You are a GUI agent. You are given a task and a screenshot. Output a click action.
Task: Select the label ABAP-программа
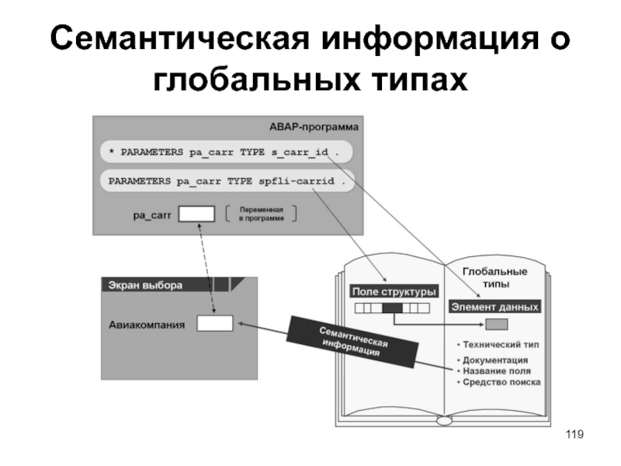click(x=308, y=126)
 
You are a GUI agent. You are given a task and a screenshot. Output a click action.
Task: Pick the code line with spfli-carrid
click(x=225, y=181)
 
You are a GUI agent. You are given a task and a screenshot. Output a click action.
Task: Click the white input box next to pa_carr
click(x=196, y=214)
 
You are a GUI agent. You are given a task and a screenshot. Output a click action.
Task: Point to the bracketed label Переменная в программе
click(x=261, y=214)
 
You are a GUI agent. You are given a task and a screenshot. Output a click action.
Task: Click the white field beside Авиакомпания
click(x=214, y=323)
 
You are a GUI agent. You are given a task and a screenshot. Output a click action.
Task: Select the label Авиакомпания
click(x=147, y=324)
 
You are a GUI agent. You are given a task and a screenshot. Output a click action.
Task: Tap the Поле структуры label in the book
click(x=394, y=291)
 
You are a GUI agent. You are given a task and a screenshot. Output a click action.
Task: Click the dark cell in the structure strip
click(x=392, y=308)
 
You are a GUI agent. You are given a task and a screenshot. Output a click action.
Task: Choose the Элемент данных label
click(x=494, y=307)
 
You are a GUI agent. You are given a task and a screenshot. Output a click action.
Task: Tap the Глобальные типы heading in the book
click(x=494, y=278)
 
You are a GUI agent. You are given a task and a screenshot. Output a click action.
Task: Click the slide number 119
click(x=574, y=433)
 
